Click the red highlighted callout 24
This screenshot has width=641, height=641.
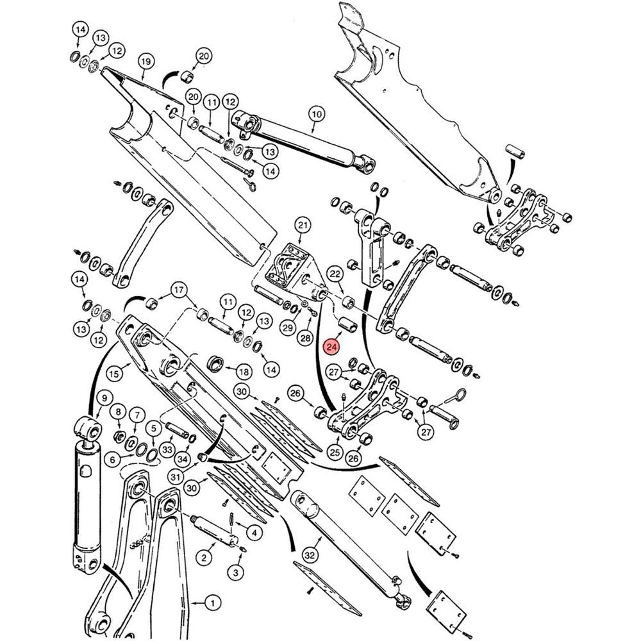(331, 347)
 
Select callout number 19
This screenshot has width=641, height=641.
(146, 62)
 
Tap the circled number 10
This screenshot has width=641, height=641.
(315, 115)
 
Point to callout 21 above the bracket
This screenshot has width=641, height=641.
(303, 225)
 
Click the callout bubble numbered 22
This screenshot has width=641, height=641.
(335, 274)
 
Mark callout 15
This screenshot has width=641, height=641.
(114, 372)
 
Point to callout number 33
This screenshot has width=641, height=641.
(167, 449)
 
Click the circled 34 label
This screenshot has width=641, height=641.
(183, 459)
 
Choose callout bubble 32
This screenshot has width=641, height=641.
(311, 554)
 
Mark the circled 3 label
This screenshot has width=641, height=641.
(237, 572)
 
